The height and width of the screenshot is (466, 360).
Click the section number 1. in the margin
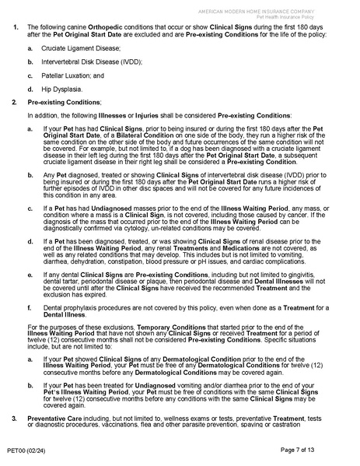click(x=16, y=28)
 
